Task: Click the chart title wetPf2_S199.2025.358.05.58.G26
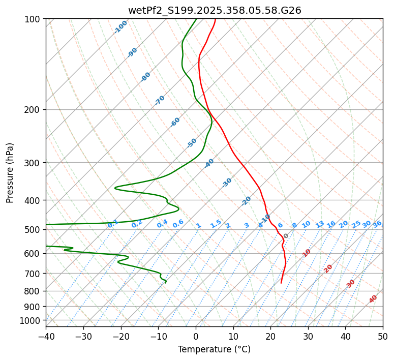[215, 10]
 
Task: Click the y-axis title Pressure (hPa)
[10, 173]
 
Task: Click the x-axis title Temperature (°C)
[214, 349]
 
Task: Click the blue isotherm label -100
[121, 27]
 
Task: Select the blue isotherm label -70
[160, 100]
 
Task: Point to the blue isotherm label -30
[227, 183]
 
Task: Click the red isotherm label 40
[373, 299]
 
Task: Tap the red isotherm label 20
[328, 268]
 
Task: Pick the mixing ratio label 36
[377, 224]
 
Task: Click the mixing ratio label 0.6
[178, 224]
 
